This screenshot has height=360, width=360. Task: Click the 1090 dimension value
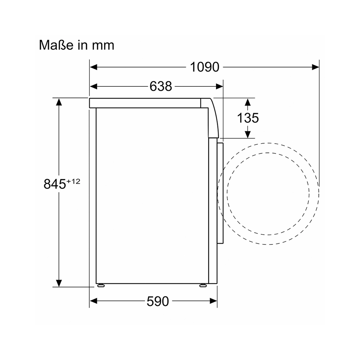204,67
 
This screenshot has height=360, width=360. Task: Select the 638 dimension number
161,86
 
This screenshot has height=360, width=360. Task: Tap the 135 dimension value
248,118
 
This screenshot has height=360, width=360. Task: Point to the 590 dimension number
158,301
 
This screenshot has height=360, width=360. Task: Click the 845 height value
55,184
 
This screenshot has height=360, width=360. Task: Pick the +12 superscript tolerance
73,181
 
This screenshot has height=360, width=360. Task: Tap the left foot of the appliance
101,285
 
